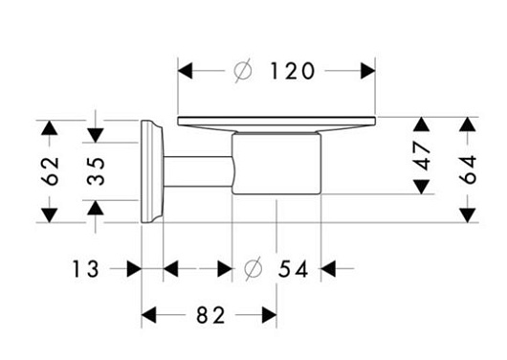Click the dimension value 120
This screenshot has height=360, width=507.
(x=292, y=71)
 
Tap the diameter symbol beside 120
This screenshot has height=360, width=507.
(x=243, y=71)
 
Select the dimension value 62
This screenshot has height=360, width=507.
(x=52, y=171)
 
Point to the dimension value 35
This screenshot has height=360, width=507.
(x=96, y=171)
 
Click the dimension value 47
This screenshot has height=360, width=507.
(x=422, y=156)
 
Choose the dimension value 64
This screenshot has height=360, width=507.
(x=468, y=169)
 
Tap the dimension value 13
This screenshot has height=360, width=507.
(x=85, y=269)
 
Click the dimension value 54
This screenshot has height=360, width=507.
(x=293, y=269)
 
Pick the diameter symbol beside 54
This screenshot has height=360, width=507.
(x=253, y=269)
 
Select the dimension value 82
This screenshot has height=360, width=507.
(x=210, y=315)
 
